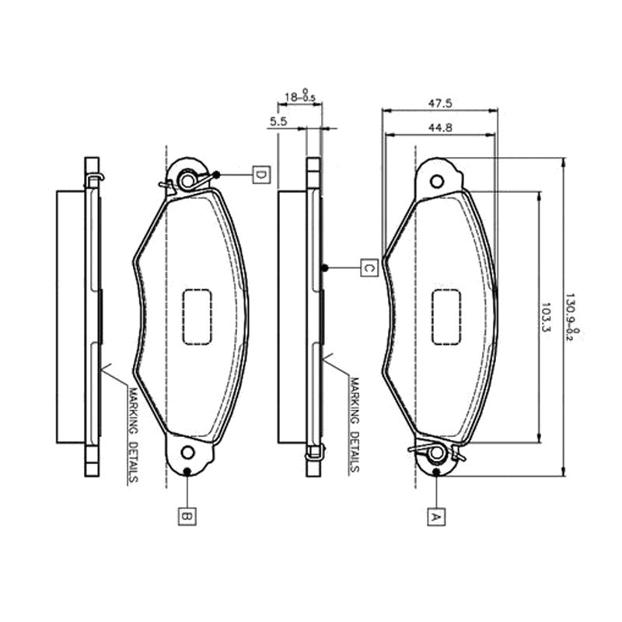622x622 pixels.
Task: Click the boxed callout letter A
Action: pos(436,517)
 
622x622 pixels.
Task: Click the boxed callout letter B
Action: pos(187,516)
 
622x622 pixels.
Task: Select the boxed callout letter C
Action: pos(369,267)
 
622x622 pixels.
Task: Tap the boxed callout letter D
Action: pos(261,174)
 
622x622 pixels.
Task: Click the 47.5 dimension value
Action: pos(440,103)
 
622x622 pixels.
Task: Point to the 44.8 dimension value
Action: pos(440,128)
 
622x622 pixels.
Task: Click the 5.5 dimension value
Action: pos(278,121)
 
